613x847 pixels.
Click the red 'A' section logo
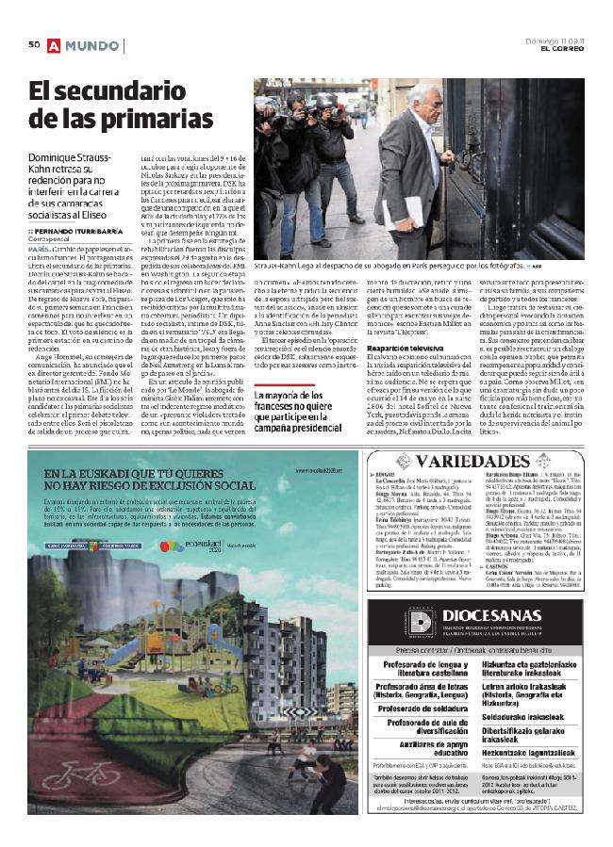pyautogui.click(x=55, y=44)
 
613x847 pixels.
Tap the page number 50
pyautogui.click(x=32, y=44)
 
